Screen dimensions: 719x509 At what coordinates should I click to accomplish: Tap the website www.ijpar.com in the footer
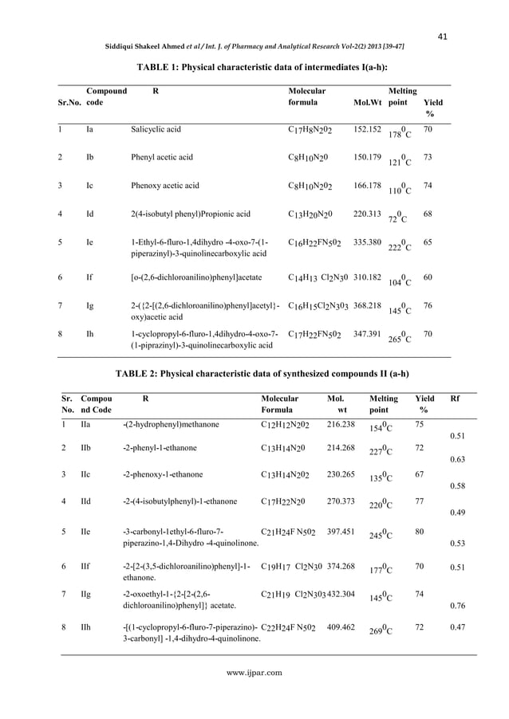point(254,672)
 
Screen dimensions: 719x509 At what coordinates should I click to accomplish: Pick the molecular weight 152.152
point(366,128)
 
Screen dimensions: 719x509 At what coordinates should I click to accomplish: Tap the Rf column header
point(456,398)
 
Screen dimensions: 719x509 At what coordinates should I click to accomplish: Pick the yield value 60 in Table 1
point(428,277)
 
